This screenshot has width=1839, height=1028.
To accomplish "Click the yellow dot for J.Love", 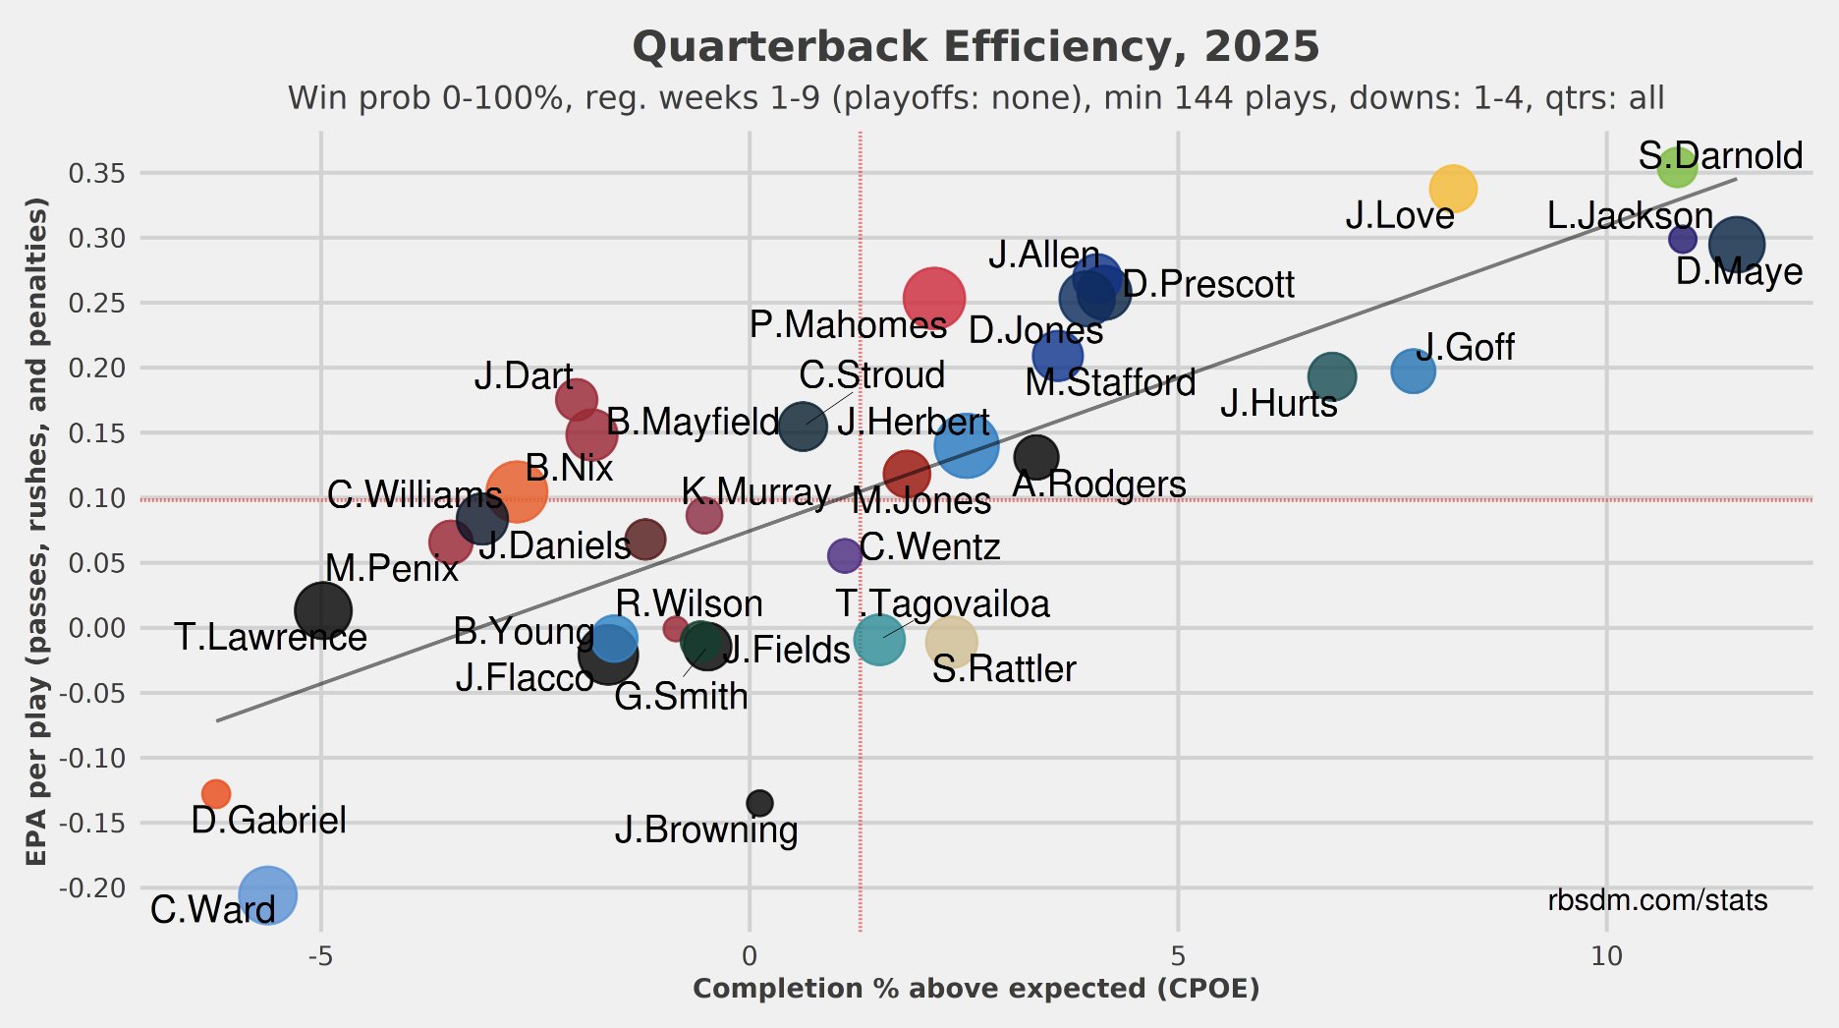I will (1452, 189).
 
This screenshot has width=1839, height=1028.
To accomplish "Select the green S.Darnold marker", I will (1677, 168).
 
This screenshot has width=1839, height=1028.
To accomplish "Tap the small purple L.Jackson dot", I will (1683, 239).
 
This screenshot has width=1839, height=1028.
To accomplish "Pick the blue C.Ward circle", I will (265, 895).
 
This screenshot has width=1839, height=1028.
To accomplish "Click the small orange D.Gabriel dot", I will (216, 793).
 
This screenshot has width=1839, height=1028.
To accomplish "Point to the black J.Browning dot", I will (759, 803).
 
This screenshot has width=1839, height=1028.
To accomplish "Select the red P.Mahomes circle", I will (933, 298).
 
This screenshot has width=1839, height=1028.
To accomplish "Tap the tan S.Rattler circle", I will (951, 642).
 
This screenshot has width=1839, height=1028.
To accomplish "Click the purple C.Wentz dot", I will (844, 555).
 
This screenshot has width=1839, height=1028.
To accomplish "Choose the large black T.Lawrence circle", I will (322, 610).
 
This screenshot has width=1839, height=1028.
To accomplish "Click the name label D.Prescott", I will (1208, 285).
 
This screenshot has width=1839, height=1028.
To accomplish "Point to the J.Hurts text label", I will (1278, 404).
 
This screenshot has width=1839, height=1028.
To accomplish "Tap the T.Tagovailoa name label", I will (943, 603).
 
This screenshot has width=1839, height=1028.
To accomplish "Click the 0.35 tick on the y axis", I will (97, 174).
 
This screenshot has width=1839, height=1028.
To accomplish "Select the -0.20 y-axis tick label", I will (93, 888).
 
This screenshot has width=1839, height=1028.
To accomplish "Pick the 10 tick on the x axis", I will (1606, 956).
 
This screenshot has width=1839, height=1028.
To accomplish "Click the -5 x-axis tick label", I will (321, 956).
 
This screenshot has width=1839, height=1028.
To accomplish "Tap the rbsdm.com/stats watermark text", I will (1657, 900).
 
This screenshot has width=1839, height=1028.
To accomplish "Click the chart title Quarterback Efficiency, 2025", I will (975, 47).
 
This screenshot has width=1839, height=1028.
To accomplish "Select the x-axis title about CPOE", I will (975, 989).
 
